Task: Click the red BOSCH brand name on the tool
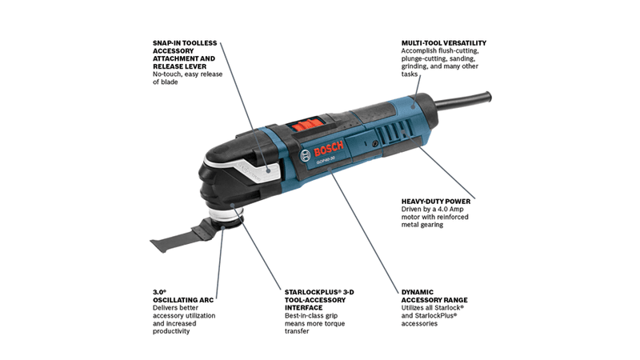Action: [329, 150]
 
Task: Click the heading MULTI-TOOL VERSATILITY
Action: [444, 43]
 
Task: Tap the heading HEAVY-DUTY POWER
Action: [435, 202]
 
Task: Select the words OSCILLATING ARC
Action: [183, 300]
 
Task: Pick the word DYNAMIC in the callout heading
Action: [417, 292]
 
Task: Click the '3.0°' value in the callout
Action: [159, 292]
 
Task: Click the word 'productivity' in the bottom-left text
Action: [171, 331]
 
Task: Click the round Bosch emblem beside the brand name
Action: [306, 155]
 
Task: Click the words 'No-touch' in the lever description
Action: [166, 74]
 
